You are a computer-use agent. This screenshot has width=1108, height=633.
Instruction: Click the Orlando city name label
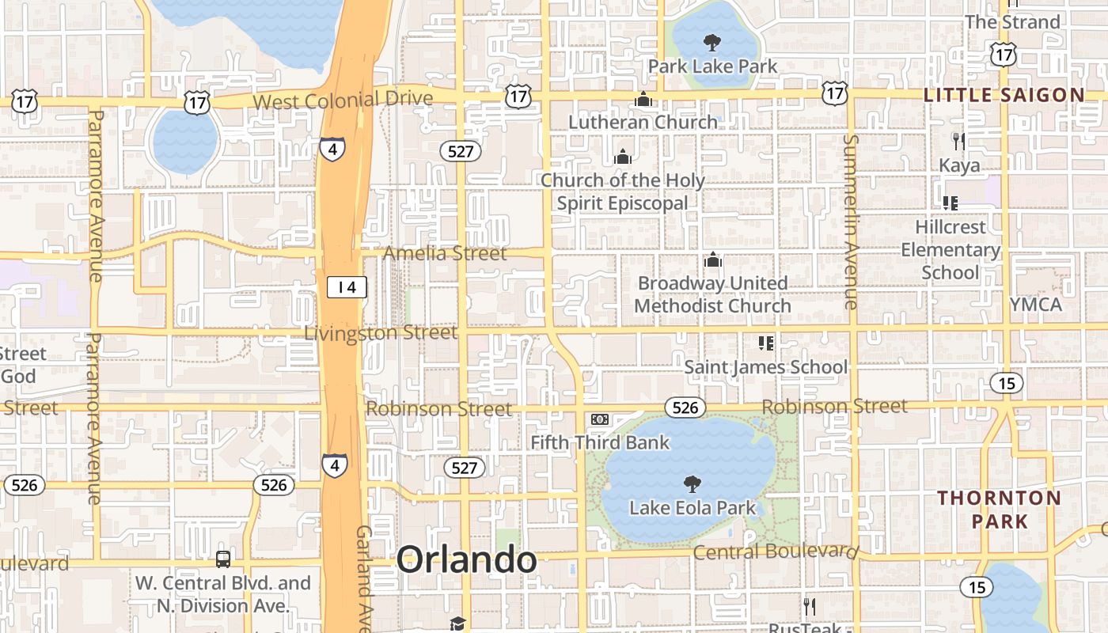467,560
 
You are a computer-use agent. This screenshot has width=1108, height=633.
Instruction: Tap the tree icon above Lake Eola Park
692,483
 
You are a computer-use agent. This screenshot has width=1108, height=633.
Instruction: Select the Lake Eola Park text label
692,508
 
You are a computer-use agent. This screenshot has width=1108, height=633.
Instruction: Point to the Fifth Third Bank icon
600,419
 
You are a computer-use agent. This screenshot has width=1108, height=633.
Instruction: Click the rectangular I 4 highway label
347,287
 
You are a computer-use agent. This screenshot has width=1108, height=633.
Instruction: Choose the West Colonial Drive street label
343,100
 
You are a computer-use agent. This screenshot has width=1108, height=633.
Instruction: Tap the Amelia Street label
445,253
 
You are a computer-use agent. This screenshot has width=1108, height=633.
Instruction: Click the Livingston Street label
381,333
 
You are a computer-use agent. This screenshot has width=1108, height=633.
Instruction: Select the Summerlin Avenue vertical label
851,222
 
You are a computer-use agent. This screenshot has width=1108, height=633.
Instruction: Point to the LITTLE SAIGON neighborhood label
1004,95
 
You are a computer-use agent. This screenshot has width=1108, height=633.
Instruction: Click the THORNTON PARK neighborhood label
1000,510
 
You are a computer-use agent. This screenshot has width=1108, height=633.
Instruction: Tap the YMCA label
1036,305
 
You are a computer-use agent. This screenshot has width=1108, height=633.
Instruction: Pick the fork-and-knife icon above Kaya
958,142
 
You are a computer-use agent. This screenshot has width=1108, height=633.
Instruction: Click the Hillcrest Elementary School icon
951,203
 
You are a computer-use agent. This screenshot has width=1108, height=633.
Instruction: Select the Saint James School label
765,367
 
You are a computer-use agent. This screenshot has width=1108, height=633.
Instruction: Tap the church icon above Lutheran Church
643,100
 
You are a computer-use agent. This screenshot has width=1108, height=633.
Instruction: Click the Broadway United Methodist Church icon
713,260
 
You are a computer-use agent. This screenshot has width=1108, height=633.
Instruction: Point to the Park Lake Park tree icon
712,42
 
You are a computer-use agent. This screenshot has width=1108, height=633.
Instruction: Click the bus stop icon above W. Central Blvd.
223,559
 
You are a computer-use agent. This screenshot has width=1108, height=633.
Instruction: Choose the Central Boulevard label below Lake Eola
776,552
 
